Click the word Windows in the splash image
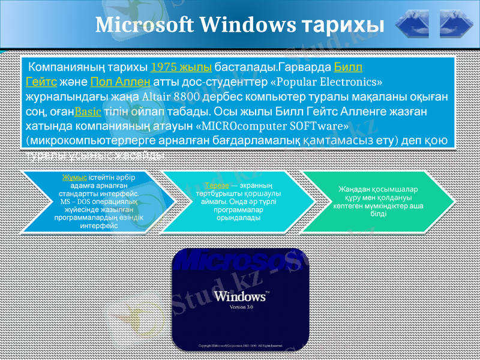(x=239, y=296)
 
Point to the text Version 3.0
(x=242, y=307)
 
